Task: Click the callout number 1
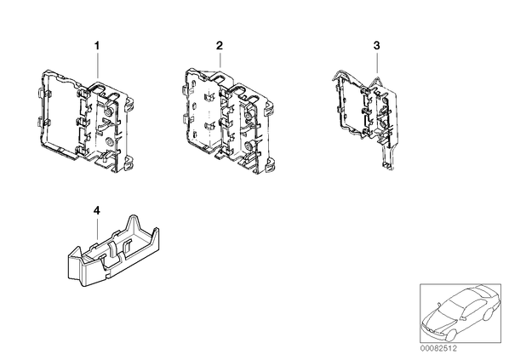(x=97, y=46)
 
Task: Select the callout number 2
(x=220, y=45)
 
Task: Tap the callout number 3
(x=376, y=45)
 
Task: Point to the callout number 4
(x=97, y=211)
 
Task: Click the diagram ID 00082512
(x=438, y=349)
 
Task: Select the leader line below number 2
(x=220, y=60)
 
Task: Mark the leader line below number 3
(x=377, y=63)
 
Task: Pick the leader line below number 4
(x=97, y=230)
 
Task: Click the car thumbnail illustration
(x=460, y=313)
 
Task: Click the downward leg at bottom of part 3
(x=388, y=156)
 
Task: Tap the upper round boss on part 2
(x=249, y=116)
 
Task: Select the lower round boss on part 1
(x=109, y=141)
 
